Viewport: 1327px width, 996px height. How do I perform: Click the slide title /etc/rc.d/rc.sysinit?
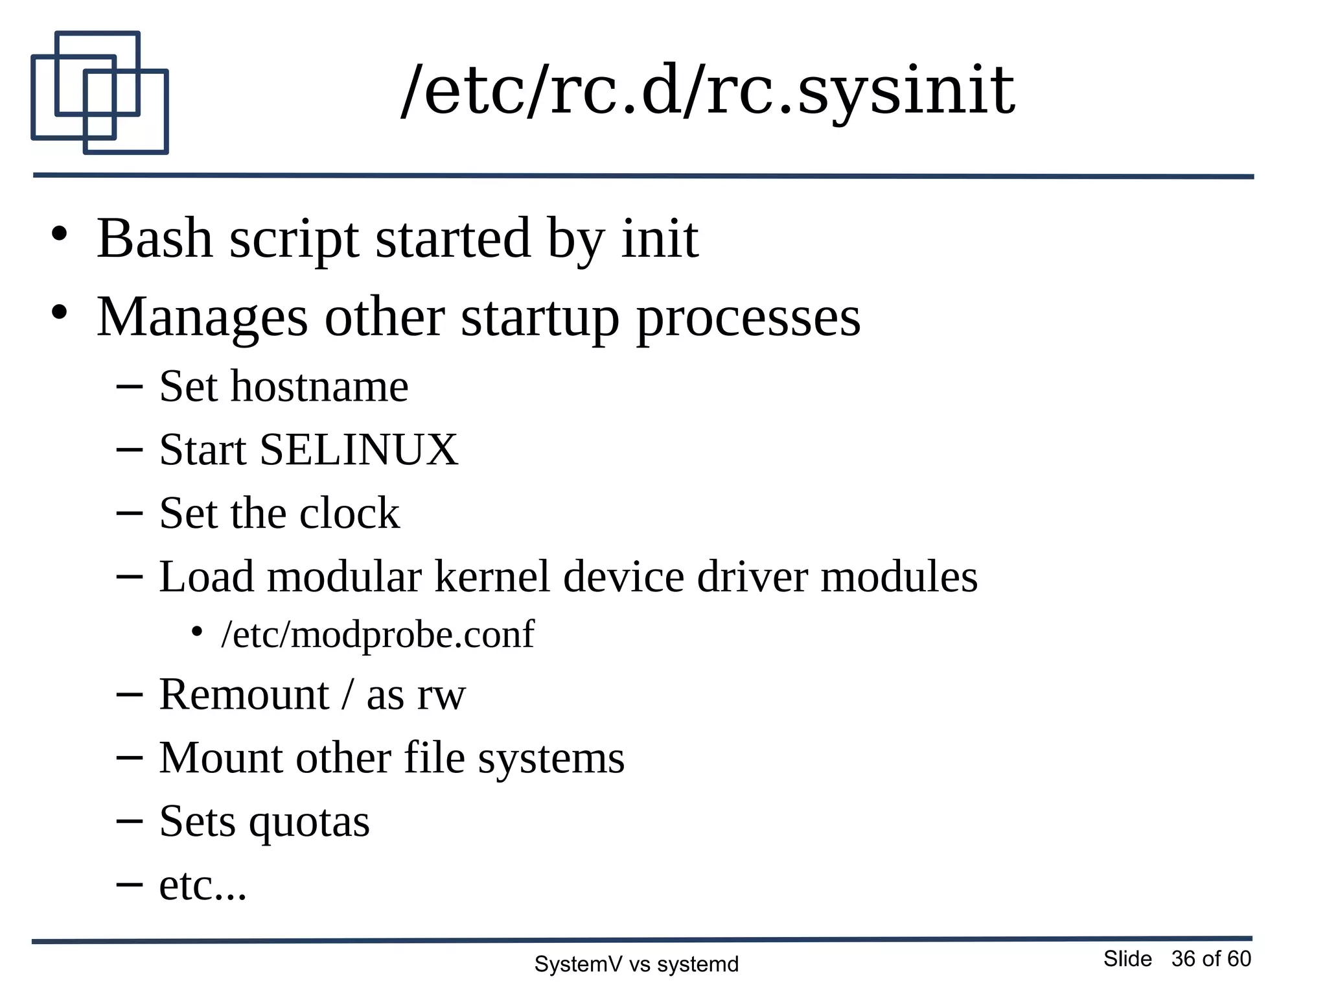[x=708, y=92]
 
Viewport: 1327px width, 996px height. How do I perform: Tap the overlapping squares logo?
[x=99, y=93]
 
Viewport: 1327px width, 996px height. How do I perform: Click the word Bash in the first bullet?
[x=154, y=239]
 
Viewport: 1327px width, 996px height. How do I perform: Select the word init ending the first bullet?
[x=660, y=239]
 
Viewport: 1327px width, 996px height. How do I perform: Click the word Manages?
[x=202, y=318]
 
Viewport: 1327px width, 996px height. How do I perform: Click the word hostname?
[x=319, y=387]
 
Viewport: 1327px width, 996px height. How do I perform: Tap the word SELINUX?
[x=358, y=450]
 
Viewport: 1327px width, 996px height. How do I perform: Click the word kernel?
[x=492, y=577]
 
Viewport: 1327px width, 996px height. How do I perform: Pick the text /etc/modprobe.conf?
[x=377, y=635]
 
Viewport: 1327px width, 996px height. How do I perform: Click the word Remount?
[x=244, y=695]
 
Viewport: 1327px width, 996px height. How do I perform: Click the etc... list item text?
[x=203, y=886]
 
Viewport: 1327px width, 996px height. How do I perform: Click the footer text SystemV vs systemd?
[x=636, y=964]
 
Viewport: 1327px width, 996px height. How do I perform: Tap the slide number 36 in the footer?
[x=1183, y=959]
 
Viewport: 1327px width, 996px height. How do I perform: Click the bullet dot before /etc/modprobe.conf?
[x=197, y=632]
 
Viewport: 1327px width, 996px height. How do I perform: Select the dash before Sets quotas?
[x=129, y=821]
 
